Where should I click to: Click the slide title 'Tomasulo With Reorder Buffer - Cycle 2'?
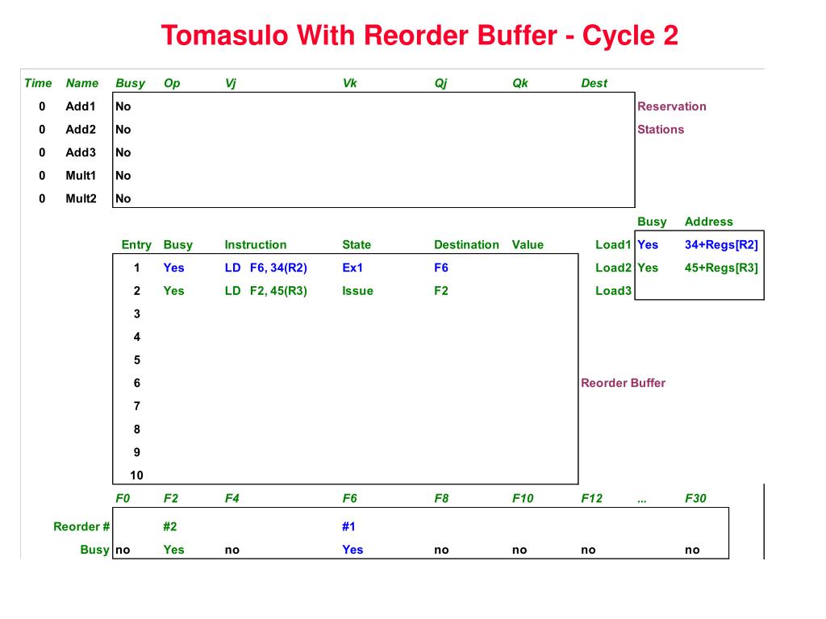[419, 35]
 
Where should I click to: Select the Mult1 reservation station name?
[81, 176]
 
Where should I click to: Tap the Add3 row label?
[81, 152]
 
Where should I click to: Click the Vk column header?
[349, 83]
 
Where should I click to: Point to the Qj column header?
[440, 83]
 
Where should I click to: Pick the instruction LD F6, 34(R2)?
[266, 268]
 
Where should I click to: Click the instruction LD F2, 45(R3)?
[266, 291]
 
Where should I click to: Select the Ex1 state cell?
[353, 268]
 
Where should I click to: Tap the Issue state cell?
[357, 291]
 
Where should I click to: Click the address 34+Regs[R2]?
[721, 245]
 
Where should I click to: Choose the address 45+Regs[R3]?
[721, 268]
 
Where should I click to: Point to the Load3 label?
[613, 291]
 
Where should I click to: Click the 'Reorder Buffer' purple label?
[623, 383]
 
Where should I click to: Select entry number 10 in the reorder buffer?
[136, 476]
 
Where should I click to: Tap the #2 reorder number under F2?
[169, 526]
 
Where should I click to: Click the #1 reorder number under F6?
[348, 526]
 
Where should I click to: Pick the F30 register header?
[695, 498]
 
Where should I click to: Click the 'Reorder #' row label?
[81, 526]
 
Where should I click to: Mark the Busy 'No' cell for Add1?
[123, 106]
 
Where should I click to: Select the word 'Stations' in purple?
[661, 129]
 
